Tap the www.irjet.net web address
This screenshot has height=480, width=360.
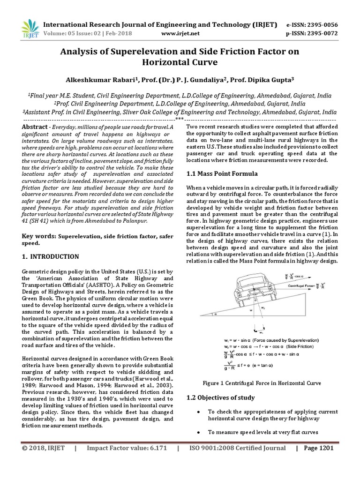180,33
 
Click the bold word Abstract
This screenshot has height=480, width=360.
35,127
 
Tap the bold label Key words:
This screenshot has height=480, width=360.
39,237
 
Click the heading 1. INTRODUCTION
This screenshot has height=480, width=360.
51,257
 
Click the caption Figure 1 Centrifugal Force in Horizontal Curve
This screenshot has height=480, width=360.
262,383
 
